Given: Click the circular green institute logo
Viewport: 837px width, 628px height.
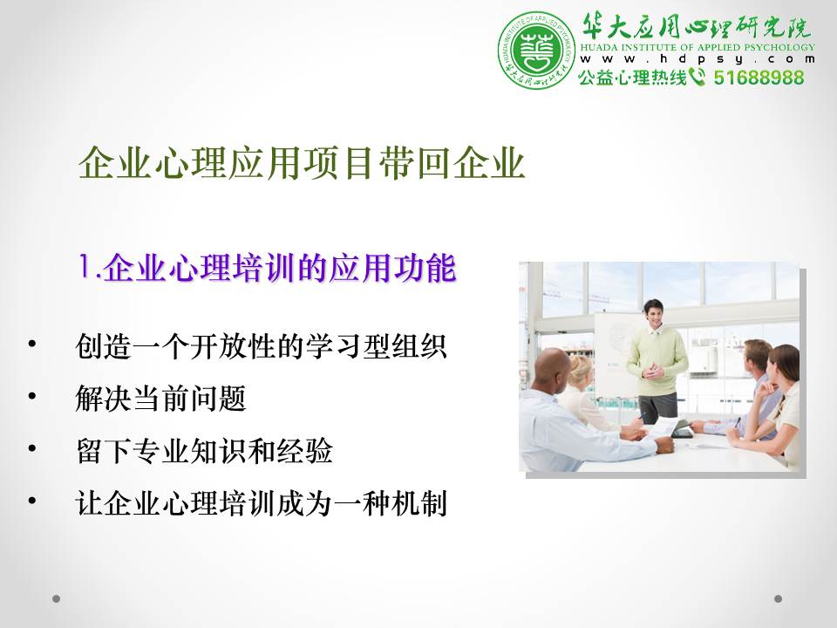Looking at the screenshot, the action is (x=536, y=50).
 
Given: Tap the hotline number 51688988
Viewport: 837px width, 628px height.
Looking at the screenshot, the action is (x=759, y=78).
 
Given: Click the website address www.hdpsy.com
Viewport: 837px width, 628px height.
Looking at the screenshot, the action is (x=697, y=58).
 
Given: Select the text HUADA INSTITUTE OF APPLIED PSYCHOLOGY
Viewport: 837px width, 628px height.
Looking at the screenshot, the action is (x=697, y=47).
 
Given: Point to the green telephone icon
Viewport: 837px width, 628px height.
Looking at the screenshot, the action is (x=697, y=77).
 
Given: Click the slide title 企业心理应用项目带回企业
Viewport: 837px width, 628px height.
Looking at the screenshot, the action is (x=302, y=162).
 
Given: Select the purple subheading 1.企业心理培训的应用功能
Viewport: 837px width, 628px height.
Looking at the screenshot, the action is (x=267, y=267).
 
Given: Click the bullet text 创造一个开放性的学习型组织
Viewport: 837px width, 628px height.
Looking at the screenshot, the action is (x=261, y=345).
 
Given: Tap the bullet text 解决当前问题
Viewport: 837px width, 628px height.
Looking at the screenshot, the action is (x=160, y=398).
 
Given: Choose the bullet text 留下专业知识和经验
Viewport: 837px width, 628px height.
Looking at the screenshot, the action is (x=204, y=450).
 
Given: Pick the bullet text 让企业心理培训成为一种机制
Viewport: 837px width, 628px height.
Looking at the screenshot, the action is (x=261, y=502).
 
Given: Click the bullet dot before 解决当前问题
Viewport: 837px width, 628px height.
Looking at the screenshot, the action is (x=32, y=396).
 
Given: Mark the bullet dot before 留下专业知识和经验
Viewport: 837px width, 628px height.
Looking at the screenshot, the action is (x=32, y=448).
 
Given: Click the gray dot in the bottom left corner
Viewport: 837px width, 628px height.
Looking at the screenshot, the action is (x=56, y=598).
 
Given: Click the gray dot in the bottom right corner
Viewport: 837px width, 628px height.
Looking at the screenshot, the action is (x=778, y=598).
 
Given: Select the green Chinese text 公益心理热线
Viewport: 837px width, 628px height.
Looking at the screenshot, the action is (x=633, y=78).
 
